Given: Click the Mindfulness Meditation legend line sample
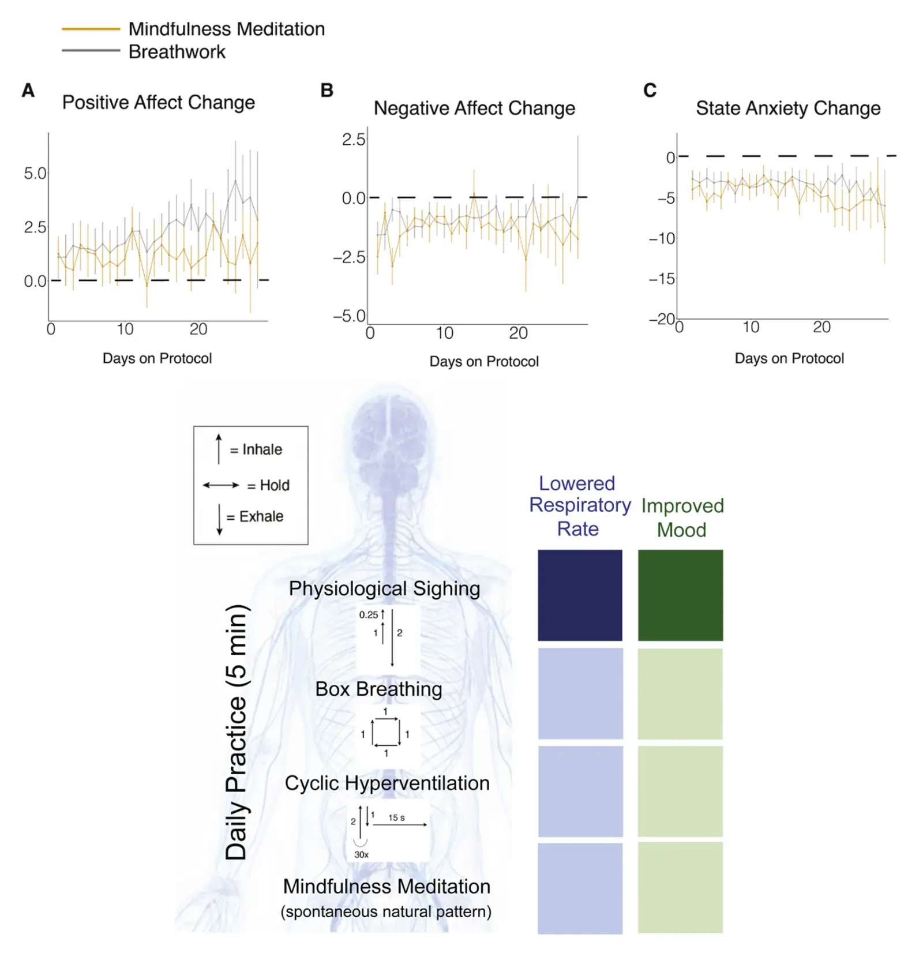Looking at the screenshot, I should pos(91,29).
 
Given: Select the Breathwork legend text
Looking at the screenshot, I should pos(177,52).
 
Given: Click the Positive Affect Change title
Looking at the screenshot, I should pos(158,103).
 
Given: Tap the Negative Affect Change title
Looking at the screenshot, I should pos(474,108).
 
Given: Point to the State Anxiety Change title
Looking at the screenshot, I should pos(787,108).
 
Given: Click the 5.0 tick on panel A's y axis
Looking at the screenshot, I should pos(35,173).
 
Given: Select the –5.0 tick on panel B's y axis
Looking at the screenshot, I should pos(349,316).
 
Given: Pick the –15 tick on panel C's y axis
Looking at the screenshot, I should pos(661,279).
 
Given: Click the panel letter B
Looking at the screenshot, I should pos(327,91).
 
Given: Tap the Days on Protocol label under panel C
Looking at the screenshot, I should pos(789,359).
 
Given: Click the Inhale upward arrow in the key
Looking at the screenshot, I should pos(219,449).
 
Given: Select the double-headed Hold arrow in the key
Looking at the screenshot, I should pos(220,485).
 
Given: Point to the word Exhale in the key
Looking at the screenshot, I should pos(261,516).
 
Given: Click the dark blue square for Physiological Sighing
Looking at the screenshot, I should pos(580,595).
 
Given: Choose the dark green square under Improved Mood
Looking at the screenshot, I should pos(680,595).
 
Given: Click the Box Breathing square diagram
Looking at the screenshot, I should pos(385,733).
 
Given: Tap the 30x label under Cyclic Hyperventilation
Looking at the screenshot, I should pos(361,854).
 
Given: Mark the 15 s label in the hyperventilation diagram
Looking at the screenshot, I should pos(396,817).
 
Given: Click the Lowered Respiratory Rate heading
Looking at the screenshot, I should pos(579,506).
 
